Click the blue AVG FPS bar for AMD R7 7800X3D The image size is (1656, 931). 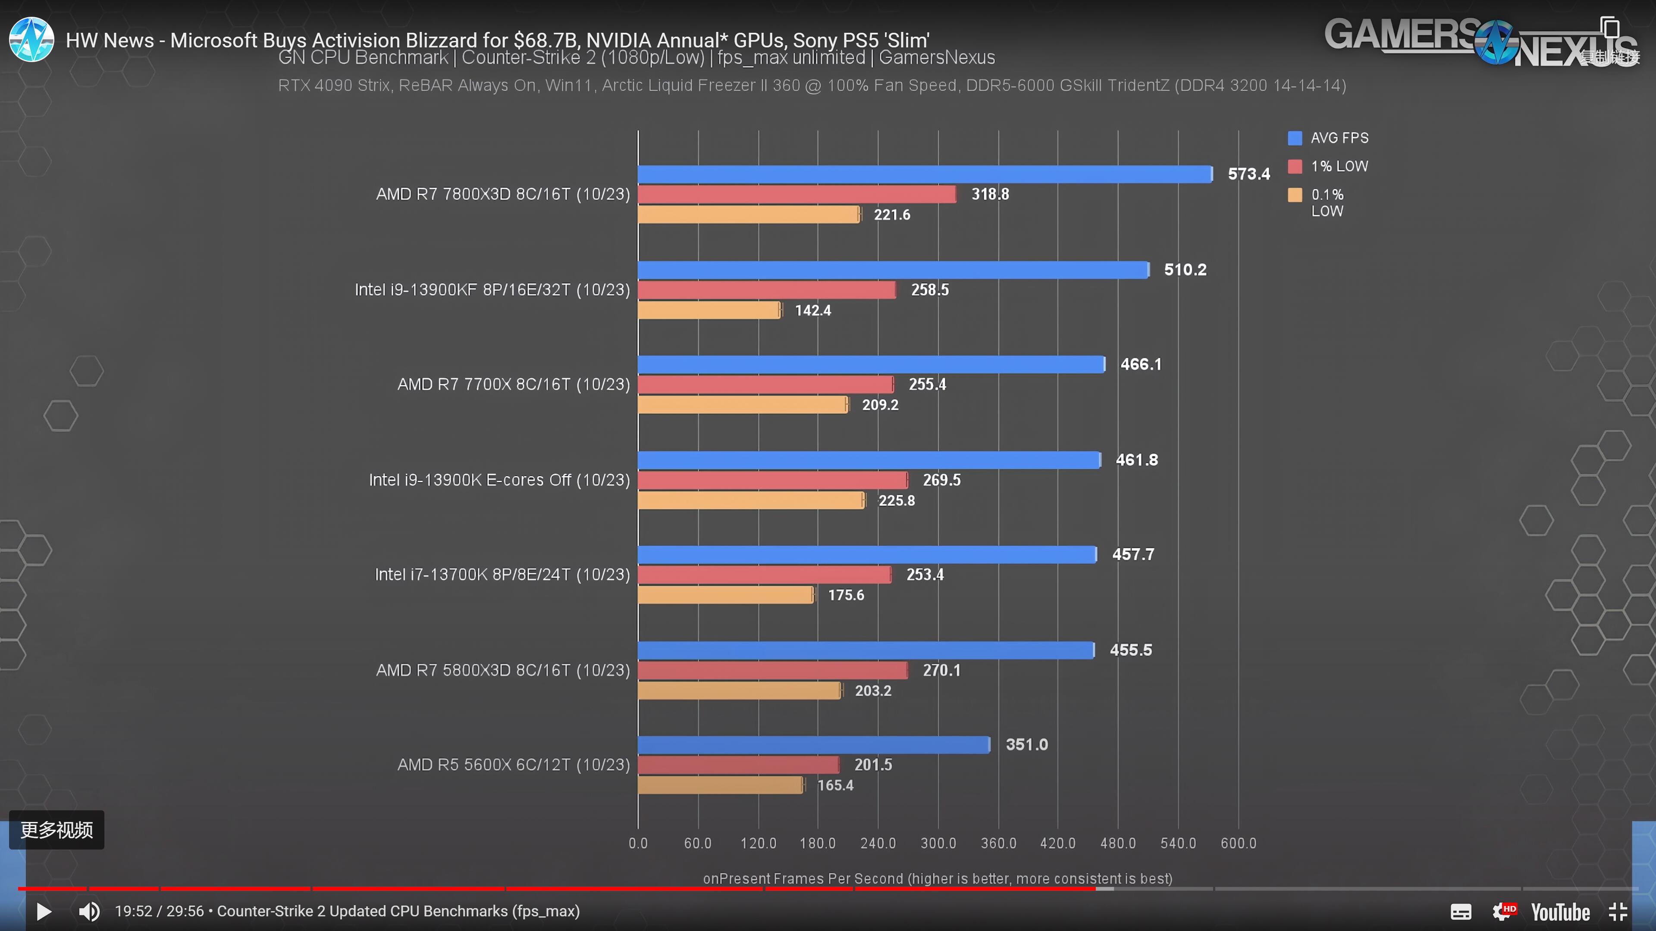[925, 174]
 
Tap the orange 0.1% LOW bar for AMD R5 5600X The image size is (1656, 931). [720, 785]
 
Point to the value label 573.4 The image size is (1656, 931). [1248, 174]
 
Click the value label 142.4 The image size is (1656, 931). [812, 310]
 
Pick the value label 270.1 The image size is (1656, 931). [941, 670]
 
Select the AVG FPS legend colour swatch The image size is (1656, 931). [1295, 138]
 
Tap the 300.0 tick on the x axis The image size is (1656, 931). [938, 843]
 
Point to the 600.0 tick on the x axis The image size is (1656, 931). [1238, 843]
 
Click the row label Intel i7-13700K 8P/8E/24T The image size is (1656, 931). [502, 575]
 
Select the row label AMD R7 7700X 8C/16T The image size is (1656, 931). [513, 384]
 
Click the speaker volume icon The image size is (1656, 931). [89, 911]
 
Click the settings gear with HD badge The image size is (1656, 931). [1503, 911]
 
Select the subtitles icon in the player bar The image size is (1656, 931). [1461, 912]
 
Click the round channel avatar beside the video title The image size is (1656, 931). [31, 40]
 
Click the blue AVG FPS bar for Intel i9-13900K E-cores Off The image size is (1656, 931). [869, 460]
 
